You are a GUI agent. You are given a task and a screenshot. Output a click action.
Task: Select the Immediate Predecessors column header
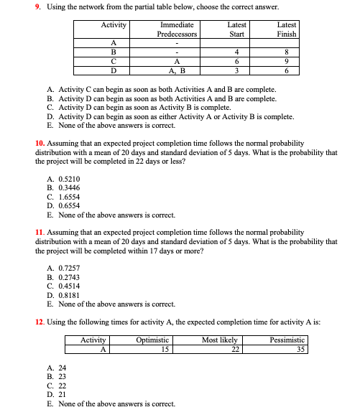point(177,29)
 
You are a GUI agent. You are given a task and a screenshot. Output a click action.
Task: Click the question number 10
point(40,144)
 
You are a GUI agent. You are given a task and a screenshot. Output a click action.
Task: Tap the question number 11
point(40,233)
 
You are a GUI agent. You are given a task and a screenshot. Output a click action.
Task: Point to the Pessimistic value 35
point(300,350)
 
